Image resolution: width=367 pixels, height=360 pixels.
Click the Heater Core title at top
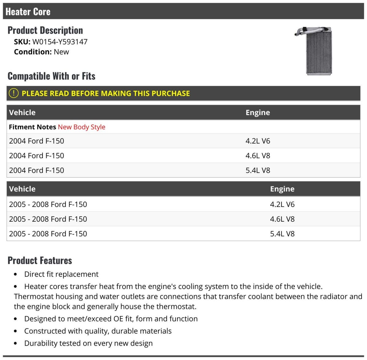[x=28, y=12]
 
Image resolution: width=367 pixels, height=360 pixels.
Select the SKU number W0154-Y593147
[x=60, y=42]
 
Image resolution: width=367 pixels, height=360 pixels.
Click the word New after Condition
[x=61, y=52]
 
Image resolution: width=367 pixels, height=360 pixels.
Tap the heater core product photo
[x=315, y=51]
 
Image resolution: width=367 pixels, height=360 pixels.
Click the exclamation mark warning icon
[x=13, y=93]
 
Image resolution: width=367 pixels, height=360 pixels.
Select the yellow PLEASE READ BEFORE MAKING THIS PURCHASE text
[x=106, y=93]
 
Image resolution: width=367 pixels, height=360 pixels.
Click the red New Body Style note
[x=81, y=127]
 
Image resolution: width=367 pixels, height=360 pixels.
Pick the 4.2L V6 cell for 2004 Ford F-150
[x=258, y=141]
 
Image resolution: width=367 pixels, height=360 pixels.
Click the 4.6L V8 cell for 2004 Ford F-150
[x=258, y=156]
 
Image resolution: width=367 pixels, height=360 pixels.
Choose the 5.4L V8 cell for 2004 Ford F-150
[x=258, y=171]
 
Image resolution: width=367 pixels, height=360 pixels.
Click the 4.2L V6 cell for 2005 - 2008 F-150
[x=282, y=204]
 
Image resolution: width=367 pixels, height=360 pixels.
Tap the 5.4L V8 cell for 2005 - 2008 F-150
[x=282, y=234]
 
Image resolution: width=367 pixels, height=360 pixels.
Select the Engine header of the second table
[x=282, y=189]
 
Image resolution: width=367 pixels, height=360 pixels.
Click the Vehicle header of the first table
[x=22, y=112]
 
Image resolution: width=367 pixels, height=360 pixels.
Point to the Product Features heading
[x=40, y=261]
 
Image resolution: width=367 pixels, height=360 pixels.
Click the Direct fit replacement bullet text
[x=61, y=274]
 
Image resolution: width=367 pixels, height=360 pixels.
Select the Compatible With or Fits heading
[x=51, y=76]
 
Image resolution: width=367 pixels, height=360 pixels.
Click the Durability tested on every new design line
[x=88, y=343]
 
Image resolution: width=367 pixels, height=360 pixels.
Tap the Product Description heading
[x=45, y=30]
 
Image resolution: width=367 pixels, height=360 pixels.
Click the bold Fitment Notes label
[x=32, y=127]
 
